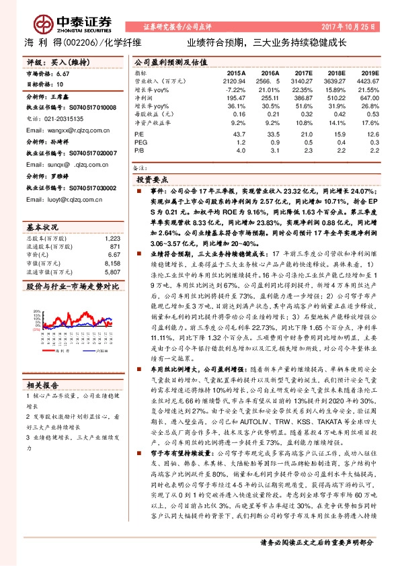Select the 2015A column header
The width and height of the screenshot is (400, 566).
point(235,72)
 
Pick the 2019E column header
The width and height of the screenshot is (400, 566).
point(369,72)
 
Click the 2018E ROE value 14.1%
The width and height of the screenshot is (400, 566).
point(336,122)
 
